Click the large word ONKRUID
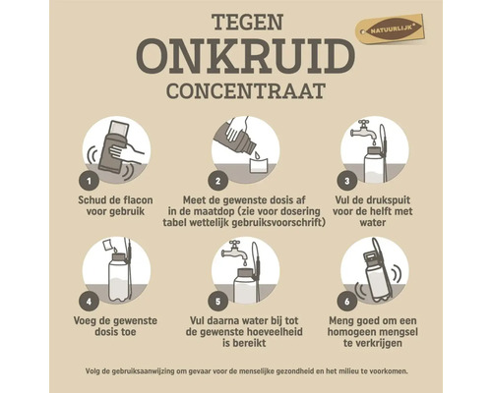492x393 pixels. pyautogui.click(x=245, y=60)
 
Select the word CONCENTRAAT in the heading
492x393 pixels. pyautogui.click(x=245, y=95)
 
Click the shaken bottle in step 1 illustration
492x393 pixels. pyautogui.click(x=115, y=146)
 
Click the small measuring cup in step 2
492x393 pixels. pyautogui.click(x=257, y=165)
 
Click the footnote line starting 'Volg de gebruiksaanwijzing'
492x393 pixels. pyautogui.click(x=245, y=370)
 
